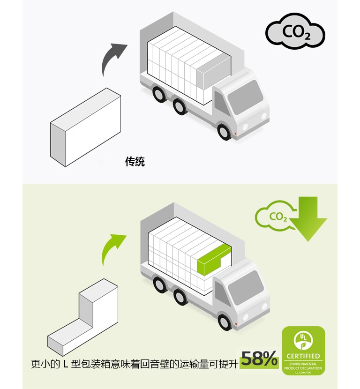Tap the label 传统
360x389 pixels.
pos(135,162)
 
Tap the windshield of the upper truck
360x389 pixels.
pos(245,97)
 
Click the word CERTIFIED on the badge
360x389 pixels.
pos(303,356)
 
